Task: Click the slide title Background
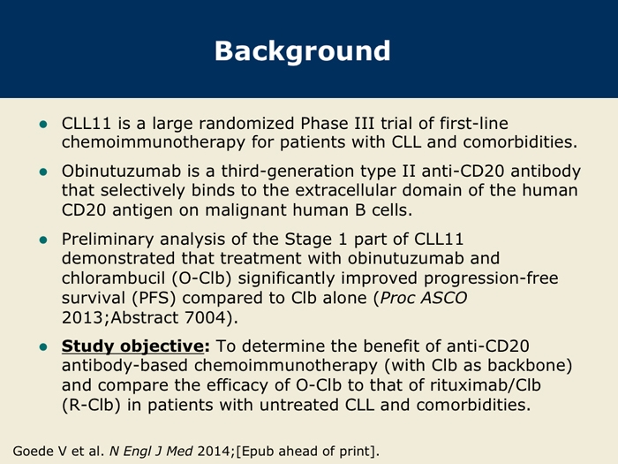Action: click(302, 51)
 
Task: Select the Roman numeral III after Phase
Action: click(360, 124)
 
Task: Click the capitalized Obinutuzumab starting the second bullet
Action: click(121, 171)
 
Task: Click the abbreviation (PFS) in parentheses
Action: click(154, 298)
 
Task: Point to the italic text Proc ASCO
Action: click(423, 298)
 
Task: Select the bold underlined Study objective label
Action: click(136, 346)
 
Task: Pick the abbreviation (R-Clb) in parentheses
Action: click(91, 405)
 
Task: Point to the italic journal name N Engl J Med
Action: click(151, 451)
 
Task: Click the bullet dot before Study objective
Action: click(43, 346)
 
